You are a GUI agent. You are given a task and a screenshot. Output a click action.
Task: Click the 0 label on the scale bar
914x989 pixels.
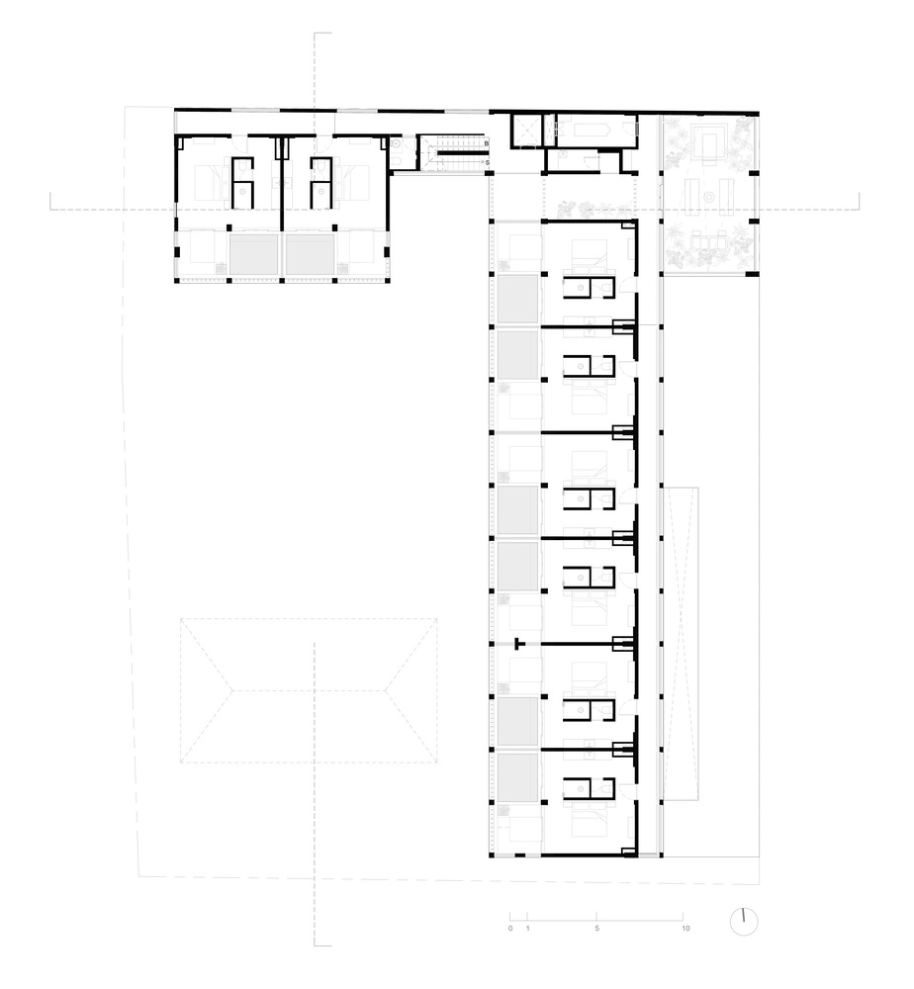click(510, 929)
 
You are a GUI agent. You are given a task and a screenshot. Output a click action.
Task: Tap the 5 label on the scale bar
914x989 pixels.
click(596, 929)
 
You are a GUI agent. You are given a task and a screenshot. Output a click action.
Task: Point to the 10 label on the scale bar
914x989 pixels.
click(685, 929)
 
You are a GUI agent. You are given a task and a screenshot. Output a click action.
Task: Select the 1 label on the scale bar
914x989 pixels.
click(528, 929)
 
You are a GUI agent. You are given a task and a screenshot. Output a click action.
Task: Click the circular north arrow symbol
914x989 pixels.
click(744, 922)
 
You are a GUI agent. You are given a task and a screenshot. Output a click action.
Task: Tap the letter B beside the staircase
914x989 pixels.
click(487, 143)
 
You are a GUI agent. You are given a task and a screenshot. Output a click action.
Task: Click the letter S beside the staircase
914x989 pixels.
click(488, 162)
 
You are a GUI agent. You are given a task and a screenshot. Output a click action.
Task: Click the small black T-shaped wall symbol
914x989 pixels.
click(519, 644)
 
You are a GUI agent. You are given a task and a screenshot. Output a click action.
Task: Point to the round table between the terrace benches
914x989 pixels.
click(709, 197)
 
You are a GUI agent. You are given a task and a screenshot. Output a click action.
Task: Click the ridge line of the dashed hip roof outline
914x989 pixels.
click(309, 690)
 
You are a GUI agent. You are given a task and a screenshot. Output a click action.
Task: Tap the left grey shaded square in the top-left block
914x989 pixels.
click(253, 255)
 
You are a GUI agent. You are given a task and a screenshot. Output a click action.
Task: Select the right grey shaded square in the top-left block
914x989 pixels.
click(310, 255)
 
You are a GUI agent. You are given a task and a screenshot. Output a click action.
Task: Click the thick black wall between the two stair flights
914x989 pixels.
click(459, 152)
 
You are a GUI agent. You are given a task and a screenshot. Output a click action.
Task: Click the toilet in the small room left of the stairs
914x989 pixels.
click(396, 161)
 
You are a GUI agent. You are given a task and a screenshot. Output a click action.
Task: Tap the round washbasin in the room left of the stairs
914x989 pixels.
click(396, 144)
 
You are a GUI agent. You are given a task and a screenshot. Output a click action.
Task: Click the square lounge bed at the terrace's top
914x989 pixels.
click(709, 144)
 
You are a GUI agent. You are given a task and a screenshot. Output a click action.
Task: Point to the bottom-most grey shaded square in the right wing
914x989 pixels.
click(518, 777)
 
